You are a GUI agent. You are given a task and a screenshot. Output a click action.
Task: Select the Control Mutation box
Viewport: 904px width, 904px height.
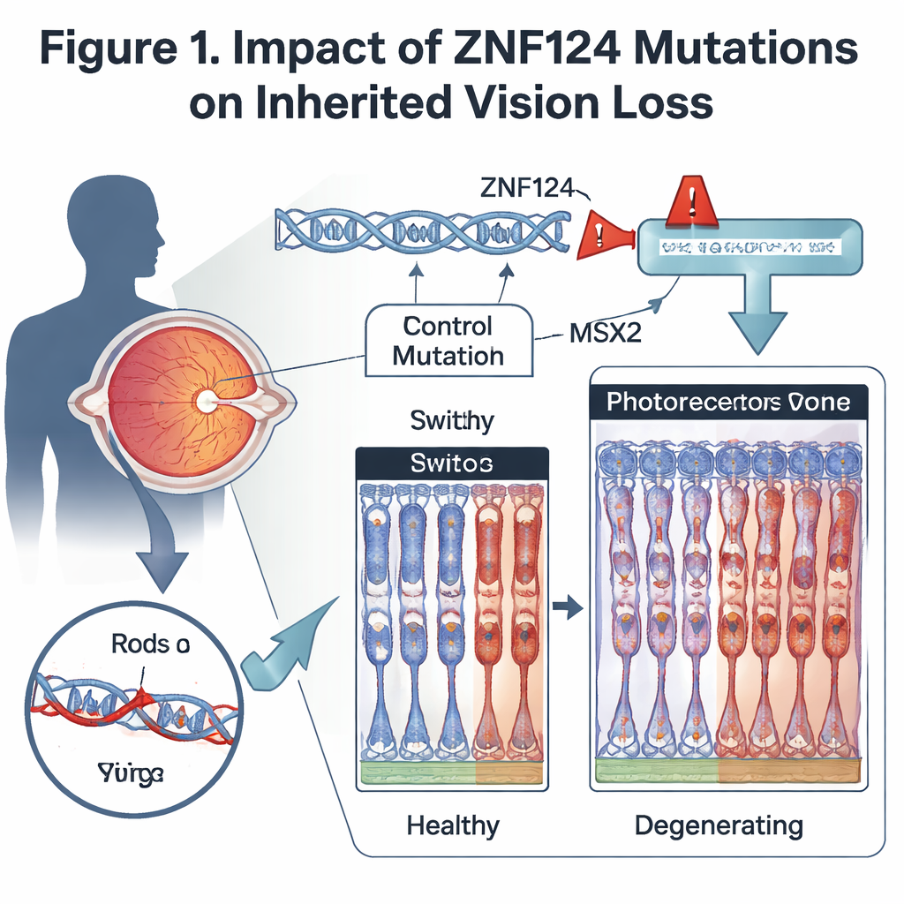(x=448, y=341)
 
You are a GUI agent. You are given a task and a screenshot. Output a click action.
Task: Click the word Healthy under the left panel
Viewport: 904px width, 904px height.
(x=453, y=825)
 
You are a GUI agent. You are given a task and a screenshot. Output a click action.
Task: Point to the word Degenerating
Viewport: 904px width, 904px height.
(x=719, y=825)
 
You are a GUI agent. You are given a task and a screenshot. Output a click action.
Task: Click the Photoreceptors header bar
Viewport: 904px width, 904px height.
(x=728, y=403)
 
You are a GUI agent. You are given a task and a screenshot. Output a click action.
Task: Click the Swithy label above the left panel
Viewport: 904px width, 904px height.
(x=452, y=420)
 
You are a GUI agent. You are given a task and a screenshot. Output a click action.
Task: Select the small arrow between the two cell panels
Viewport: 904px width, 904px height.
(x=567, y=606)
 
